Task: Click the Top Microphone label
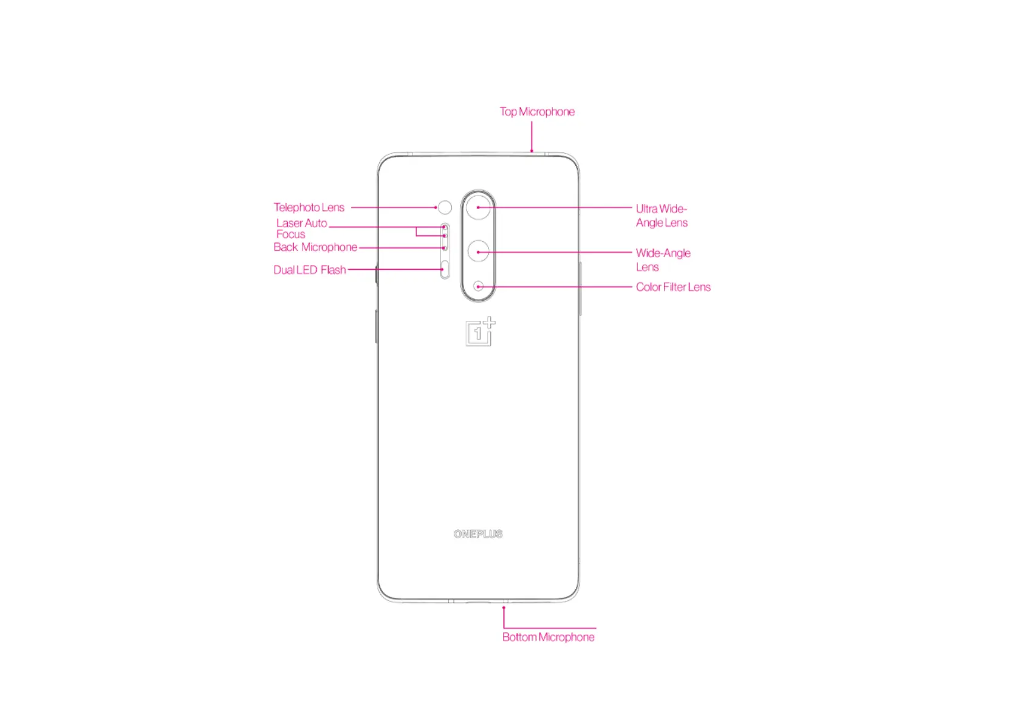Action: (x=537, y=112)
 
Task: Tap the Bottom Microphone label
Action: (x=548, y=637)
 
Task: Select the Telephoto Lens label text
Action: (x=309, y=207)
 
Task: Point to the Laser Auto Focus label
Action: (x=301, y=228)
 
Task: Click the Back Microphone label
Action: (x=315, y=247)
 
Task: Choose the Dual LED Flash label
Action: (x=309, y=270)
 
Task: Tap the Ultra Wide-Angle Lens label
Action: (x=662, y=216)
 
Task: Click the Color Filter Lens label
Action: (x=673, y=287)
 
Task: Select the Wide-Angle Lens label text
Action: (x=663, y=259)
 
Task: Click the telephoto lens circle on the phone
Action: (x=445, y=207)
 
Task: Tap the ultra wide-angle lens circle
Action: (x=479, y=207)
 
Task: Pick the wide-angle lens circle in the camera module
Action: (x=479, y=251)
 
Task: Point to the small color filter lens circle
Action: (x=479, y=286)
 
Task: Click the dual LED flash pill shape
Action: (x=445, y=269)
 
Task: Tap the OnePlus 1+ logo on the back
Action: (x=480, y=332)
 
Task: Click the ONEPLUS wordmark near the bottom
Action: (x=478, y=534)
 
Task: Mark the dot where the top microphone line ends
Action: (x=532, y=151)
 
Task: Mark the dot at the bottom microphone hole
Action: (x=504, y=608)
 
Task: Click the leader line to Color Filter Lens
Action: (x=559, y=287)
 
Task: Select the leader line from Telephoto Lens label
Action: (x=394, y=207)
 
